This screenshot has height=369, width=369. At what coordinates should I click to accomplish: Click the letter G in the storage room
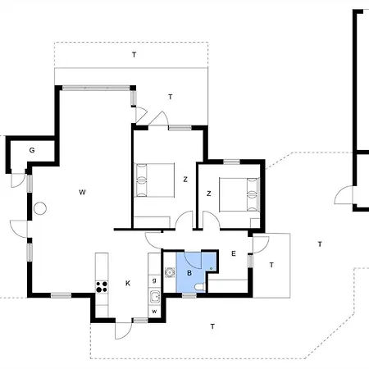pyautogui.click(x=32, y=150)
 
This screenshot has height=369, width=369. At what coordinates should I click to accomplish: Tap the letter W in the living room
pyautogui.click(x=82, y=192)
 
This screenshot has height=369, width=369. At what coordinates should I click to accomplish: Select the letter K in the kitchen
pyautogui.click(x=128, y=283)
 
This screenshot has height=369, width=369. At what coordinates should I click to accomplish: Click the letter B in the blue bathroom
pyautogui.click(x=189, y=273)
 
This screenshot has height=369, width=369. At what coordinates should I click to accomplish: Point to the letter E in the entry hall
pyautogui.click(x=234, y=253)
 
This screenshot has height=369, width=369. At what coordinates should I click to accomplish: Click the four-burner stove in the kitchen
pyautogui.click(x=102, y=287)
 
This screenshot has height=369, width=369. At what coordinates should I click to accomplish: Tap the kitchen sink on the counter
pyautogui.click(x=155, y=297)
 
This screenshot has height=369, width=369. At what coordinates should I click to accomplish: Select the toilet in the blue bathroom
pyautogui.click(x=200, y=287)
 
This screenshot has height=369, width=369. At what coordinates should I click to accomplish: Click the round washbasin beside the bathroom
pyautogui.click(x=170, y=272)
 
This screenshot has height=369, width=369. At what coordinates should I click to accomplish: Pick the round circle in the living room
pyautogui.click(x=40, y=208)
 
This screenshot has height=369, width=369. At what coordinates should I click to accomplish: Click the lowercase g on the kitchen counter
pyautogui.click(x=154, y=280)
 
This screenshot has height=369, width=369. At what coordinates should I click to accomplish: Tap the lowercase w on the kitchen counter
pyautogui.click(x=154, y=312)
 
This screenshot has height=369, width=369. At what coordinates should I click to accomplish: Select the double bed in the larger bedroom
pyautogui.click(x=154, y=180)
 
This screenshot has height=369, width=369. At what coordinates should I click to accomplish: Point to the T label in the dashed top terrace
pyautogui.click(x=134, y=55)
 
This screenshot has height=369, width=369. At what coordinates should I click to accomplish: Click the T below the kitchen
pyautogui.click(x=212, y=326)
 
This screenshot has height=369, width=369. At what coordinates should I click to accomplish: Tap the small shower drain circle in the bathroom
pyautogui.click(x=211, y=269)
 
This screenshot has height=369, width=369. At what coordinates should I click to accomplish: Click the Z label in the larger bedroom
pyautogui.click(x=185, y=180)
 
